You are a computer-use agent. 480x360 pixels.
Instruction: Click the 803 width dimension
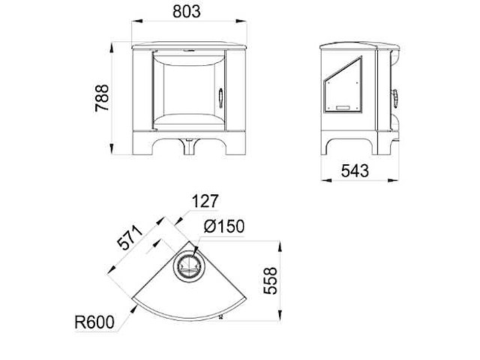[187, 12]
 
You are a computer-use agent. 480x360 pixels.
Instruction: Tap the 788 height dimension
[102, 97]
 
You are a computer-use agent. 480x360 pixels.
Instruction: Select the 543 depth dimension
[355, 170]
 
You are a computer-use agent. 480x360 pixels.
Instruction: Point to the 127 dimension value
[205, 201]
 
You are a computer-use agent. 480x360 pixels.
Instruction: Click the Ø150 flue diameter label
[224, 226]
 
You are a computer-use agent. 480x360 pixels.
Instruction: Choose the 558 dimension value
[270, 280]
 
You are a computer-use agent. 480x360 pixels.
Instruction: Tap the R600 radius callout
[94, 322]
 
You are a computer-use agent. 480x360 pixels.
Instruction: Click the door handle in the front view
[221, 98]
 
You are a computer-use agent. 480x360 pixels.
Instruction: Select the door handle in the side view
[395, 98]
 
